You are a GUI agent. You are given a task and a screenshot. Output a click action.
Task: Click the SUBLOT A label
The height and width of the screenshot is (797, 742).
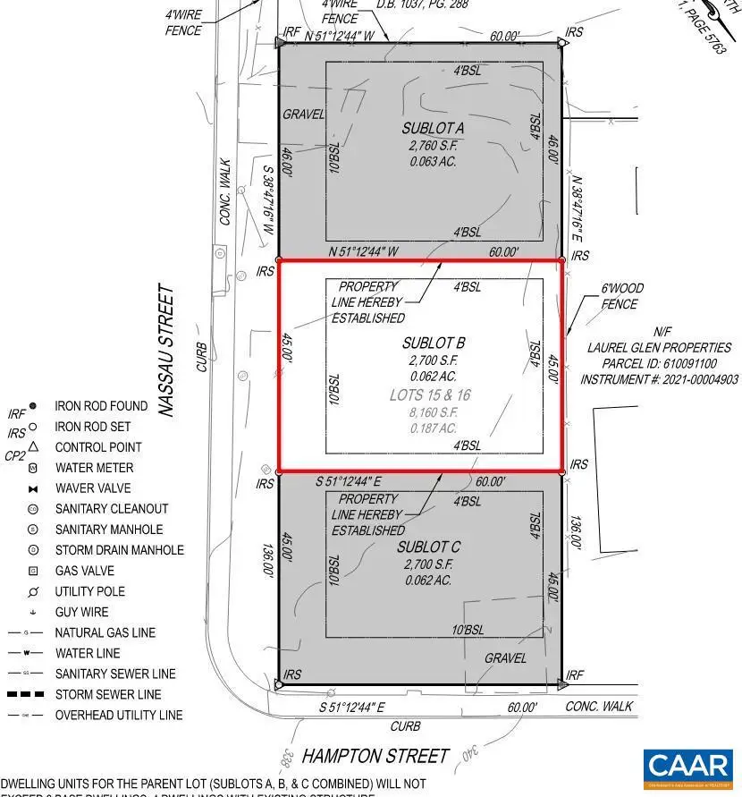click(x=433, y=129)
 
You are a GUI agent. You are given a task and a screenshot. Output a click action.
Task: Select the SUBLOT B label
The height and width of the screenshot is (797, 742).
click(x=434, y=343)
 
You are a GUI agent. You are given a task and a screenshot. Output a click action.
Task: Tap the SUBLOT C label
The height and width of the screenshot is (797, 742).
click(x=434, y=547)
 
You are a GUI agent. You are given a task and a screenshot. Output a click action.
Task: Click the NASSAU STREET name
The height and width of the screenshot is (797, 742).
click(x=166, y=351)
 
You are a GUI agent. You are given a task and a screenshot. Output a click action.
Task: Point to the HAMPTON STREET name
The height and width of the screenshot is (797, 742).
click(x=375, y=756)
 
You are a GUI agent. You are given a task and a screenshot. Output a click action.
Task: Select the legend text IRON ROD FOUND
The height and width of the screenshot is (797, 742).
click(x=101, y=405)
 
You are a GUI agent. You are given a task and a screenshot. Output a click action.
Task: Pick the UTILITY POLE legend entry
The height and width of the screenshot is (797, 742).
click(x=89, y=591)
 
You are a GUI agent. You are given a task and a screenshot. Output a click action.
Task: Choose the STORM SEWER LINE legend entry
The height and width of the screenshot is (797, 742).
click(x=107, y=694)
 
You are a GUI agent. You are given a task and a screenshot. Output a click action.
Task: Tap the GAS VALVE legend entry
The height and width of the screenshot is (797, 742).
click(x=84, y=571)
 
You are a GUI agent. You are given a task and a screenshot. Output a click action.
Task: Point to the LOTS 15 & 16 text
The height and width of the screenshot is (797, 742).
click(x=430, y=394)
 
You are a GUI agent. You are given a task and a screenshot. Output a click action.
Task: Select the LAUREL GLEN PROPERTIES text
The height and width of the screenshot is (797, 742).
click(x=659, y=347)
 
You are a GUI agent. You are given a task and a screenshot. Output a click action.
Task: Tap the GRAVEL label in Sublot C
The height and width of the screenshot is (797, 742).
click(x=506, y=657)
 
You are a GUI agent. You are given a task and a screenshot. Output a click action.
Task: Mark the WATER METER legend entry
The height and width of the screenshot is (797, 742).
click(x=94, y=468)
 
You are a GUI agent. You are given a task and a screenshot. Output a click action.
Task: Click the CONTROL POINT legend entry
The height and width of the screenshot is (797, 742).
click(x=98, y=446)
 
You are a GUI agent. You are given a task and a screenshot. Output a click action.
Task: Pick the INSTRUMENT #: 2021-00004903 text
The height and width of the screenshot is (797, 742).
click(x=659, y=379)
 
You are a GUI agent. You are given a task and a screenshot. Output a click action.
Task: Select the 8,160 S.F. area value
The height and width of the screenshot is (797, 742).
click(x=433, y=412)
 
